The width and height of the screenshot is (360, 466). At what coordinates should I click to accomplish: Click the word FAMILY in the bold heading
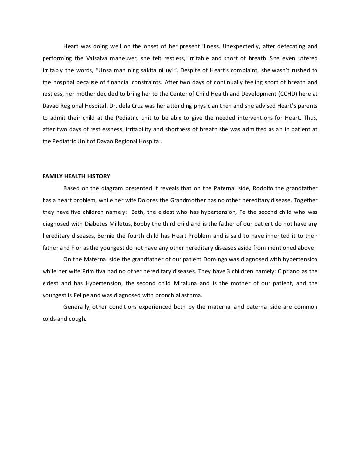click(50, 176)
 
